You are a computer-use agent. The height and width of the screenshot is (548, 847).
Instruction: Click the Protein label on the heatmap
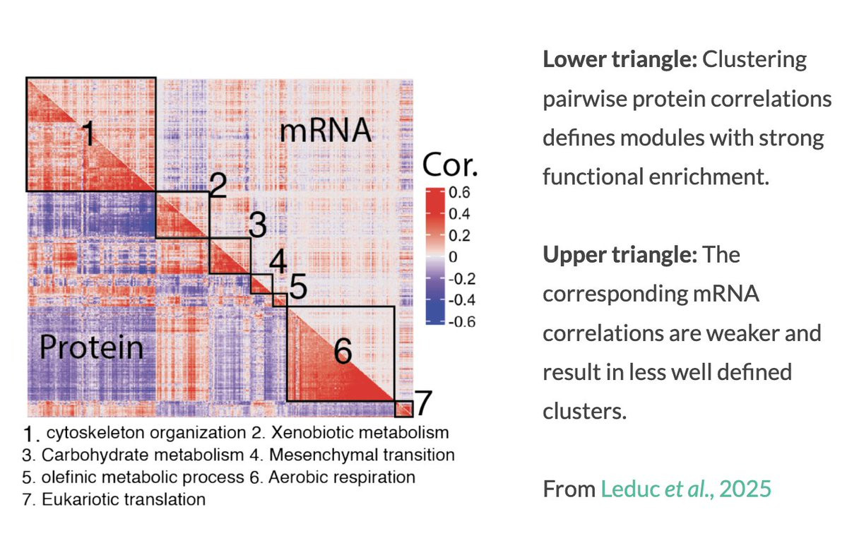[90, 347]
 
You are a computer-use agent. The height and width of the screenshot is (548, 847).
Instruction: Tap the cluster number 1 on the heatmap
[88, 133]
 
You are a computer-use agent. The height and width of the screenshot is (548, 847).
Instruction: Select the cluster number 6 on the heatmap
[343, 350]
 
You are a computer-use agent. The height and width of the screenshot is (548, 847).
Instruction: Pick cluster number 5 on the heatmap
[297, 289]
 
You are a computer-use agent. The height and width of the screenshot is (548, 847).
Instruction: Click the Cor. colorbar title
[450, 166]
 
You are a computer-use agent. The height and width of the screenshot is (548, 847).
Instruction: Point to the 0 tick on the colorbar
[454, 256]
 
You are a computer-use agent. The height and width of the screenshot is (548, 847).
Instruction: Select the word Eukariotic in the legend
[76, 500]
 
